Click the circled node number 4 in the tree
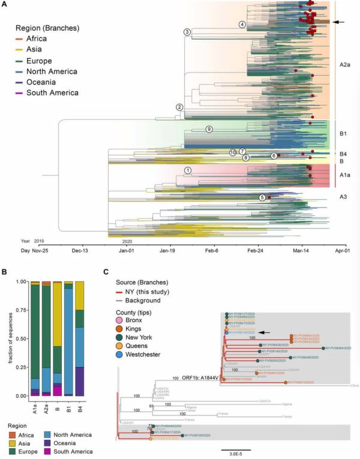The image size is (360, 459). pos(242,25)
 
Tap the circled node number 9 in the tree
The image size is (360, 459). pos(209,129)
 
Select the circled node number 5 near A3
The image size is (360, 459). pos(262,197)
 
